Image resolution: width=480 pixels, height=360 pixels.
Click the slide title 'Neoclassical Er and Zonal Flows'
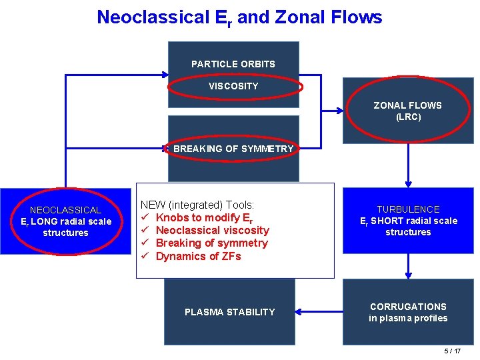(x=239, y=17)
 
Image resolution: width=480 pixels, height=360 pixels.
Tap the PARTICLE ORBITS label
(x=233, y=64)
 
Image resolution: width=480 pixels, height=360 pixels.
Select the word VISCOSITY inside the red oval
(x=233, y=86)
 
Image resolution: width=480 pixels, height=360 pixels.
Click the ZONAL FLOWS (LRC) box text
(x=407, y=111)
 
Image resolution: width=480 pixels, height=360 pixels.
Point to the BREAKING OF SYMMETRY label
(x=233, y=149)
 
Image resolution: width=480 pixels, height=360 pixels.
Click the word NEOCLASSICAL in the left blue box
(x=65, y=210)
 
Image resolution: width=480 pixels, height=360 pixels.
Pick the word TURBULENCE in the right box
(x=408, y=209)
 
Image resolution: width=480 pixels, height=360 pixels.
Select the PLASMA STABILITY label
(x=229, y=312)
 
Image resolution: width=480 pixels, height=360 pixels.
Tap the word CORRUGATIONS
(x=408, y=307)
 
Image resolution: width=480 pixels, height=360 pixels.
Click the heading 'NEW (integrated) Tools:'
(x=197, y=205)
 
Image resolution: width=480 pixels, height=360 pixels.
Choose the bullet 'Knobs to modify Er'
(x=204, y=218)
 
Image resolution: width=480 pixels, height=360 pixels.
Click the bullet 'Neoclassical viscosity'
(x=212, y=231)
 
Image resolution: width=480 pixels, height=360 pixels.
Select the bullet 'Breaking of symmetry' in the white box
(x=211, y=243)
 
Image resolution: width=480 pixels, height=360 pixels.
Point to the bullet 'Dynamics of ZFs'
(x=198, y=256)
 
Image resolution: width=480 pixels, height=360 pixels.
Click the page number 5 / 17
(x=452, y=351)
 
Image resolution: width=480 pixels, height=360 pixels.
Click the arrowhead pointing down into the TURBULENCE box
(x=408, y=185)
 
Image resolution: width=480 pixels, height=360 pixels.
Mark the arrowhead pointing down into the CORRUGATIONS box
(x=408, y=275)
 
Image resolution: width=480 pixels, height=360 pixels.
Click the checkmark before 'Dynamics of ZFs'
(x=144, y=256)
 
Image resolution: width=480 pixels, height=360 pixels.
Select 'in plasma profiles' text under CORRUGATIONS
(x=408, y=319)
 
